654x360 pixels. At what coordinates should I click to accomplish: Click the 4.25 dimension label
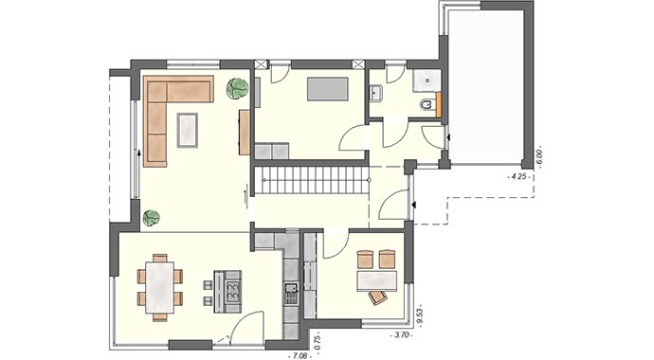pos(518,175)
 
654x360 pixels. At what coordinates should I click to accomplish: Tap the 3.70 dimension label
pos(402,335)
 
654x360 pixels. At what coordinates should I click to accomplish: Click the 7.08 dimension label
pos(300,355)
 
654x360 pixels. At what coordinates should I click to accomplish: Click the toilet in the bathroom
pos(427,103)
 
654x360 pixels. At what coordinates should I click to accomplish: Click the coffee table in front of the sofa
pos(190,129)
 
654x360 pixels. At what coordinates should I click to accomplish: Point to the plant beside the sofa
pos(237,89)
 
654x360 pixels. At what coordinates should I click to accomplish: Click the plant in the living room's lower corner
pos(151,218)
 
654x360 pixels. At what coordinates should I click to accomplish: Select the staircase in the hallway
pos(311,180)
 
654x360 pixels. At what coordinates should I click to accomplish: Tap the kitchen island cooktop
pos(228,287)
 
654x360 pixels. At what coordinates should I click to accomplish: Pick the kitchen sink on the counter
pos(292,287)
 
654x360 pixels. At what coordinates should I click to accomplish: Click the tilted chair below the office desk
pos(379,298)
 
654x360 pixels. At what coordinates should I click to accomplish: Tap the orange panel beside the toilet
pos(442,105)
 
